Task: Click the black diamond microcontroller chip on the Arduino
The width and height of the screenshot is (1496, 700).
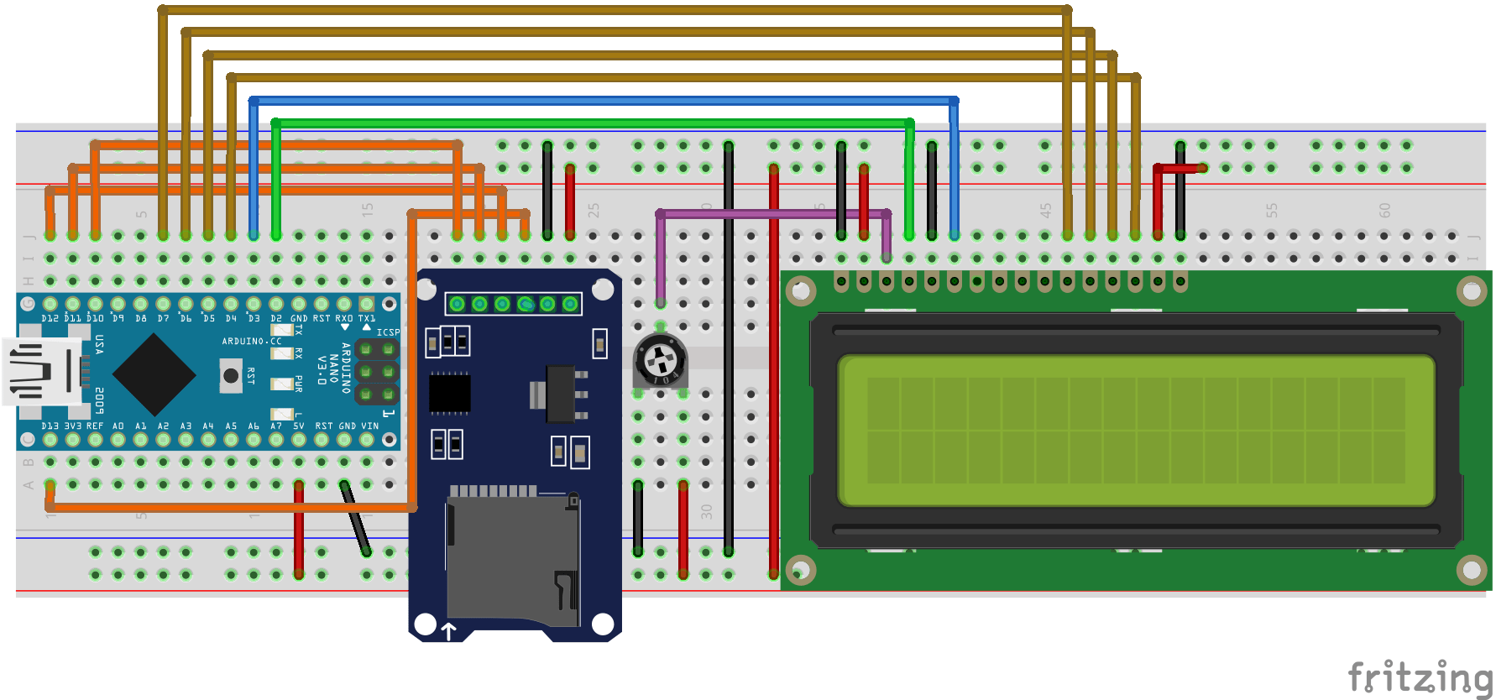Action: [x=154, y=374]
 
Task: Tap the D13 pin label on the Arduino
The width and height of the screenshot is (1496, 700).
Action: [x=50, y=426]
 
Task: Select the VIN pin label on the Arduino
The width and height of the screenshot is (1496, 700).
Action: [x=369, y=426]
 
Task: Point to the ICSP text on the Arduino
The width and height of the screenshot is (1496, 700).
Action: [x=388, y=332]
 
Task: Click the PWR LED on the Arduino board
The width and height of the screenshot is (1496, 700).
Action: [x=281, y=384]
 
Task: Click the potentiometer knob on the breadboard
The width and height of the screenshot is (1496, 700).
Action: [x=659, y=361]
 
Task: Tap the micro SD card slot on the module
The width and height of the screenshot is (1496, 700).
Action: [x=512, y=558]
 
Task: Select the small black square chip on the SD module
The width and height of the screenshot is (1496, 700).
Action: [x=450, y=393]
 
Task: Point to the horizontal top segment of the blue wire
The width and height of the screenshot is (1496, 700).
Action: [x=604, y=101]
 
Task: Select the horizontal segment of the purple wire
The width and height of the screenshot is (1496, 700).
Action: [x=772, y=214]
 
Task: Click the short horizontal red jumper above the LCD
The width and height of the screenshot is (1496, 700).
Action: [x=1180, y=169]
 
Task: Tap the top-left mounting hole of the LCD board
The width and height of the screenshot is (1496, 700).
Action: [x=801, y=291]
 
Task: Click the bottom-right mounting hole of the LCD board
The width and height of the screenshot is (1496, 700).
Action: [x=1471, y=570]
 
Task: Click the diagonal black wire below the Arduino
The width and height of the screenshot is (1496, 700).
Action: [x=354, y=518]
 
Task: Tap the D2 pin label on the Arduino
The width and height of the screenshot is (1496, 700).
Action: [x=276, y=319]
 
